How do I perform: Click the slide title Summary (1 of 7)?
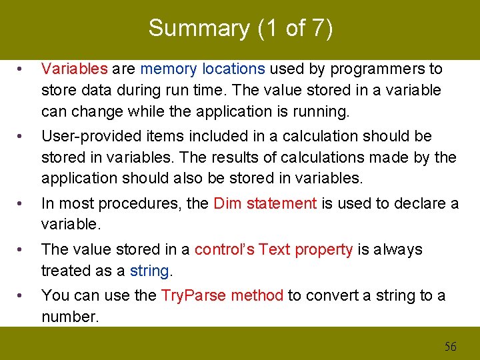(240, 28)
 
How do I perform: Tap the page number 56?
(451, 346)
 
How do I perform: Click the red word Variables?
(74, 69)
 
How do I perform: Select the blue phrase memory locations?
(203, 69)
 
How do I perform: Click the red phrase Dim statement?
(265, 203)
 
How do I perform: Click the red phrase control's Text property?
(273, 249)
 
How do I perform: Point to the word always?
(399, 249)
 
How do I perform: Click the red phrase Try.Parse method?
(222, 295)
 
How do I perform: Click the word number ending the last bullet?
(69, 317)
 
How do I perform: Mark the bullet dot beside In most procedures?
(22, 204)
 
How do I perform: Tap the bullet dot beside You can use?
(22, 296)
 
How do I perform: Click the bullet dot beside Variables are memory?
(22, 69)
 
